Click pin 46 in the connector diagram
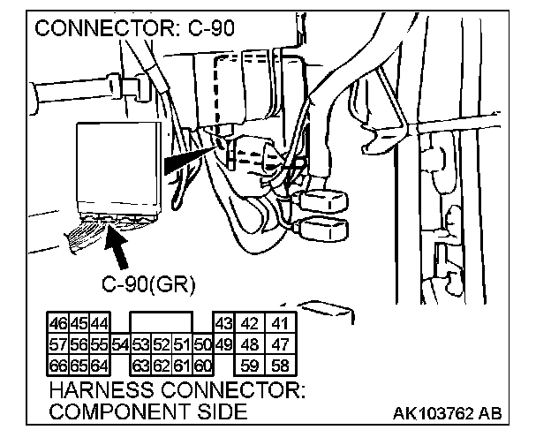pos(58,323)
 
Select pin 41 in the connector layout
pos(280,323)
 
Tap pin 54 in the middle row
pos(120,344)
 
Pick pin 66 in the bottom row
pos(58,366)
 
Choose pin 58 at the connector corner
pos(280,366)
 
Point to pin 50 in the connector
pos(203,344)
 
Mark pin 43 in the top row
pos(224,323)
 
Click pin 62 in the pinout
pos(162,366)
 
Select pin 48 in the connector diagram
pos(250,344)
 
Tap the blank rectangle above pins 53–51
pos(162,322)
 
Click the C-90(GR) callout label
pos(148,284)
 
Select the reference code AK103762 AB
pos(447,413)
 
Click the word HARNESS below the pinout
pos(102,390)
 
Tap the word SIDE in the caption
pos(223,411)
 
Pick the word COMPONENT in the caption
pos(119,411)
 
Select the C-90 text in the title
pos(212,28)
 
